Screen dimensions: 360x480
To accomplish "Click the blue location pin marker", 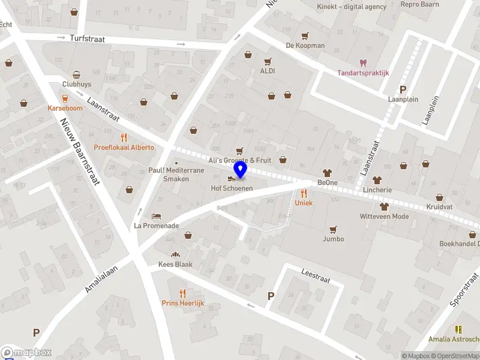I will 241,170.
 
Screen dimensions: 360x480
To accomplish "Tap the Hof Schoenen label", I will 232,188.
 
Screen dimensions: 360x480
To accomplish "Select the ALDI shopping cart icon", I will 268,61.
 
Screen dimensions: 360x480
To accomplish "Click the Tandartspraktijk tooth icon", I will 362,62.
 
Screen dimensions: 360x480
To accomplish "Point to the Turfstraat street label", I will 87,38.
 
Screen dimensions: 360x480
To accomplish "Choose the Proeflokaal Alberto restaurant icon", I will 124,137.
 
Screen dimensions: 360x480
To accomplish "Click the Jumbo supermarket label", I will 334,239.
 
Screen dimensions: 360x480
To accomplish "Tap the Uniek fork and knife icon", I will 304,193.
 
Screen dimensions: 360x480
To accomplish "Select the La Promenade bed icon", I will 156,216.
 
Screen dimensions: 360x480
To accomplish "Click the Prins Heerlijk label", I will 183,303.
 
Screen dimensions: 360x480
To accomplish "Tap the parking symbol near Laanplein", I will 403,89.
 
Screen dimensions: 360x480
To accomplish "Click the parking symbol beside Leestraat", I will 271,296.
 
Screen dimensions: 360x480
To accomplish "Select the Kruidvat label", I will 439,206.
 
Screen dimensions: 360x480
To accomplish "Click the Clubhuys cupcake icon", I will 77,75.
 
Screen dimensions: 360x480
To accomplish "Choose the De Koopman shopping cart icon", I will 305,35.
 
